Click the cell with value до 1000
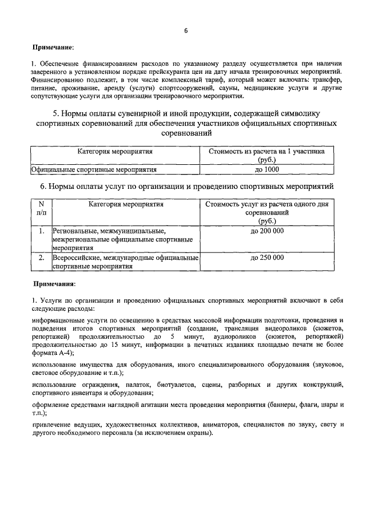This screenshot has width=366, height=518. tap(265, 169)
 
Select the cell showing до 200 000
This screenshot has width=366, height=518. tap(267, 231)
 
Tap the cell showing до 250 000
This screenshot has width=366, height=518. tap(267, 258)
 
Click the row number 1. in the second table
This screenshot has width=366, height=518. tap(41, 231)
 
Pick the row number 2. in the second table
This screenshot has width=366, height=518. tap(41, 258)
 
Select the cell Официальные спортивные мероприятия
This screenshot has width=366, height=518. tap(94, 169)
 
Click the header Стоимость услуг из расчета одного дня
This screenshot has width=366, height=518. tap(267, 204)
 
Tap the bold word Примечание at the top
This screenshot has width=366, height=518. tap(54, 46)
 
